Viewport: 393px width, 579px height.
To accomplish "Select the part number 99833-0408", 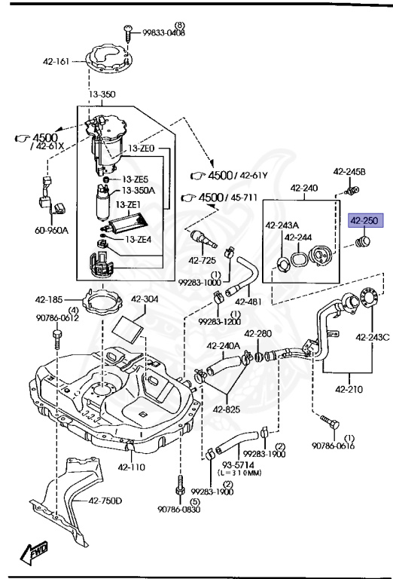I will click(x=159, y=34).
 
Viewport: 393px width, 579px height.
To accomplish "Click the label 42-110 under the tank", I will click(x=129, y=467).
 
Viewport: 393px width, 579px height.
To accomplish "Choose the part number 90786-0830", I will click(x=179, y=510).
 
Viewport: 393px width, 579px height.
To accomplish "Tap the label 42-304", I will click(x=145, y=299).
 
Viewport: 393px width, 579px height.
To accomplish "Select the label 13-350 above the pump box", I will click(x=103, y=95).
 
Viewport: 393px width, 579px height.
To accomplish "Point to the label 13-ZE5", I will click(x=136, y=179).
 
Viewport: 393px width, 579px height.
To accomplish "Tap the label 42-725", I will click(x=203, y=260).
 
